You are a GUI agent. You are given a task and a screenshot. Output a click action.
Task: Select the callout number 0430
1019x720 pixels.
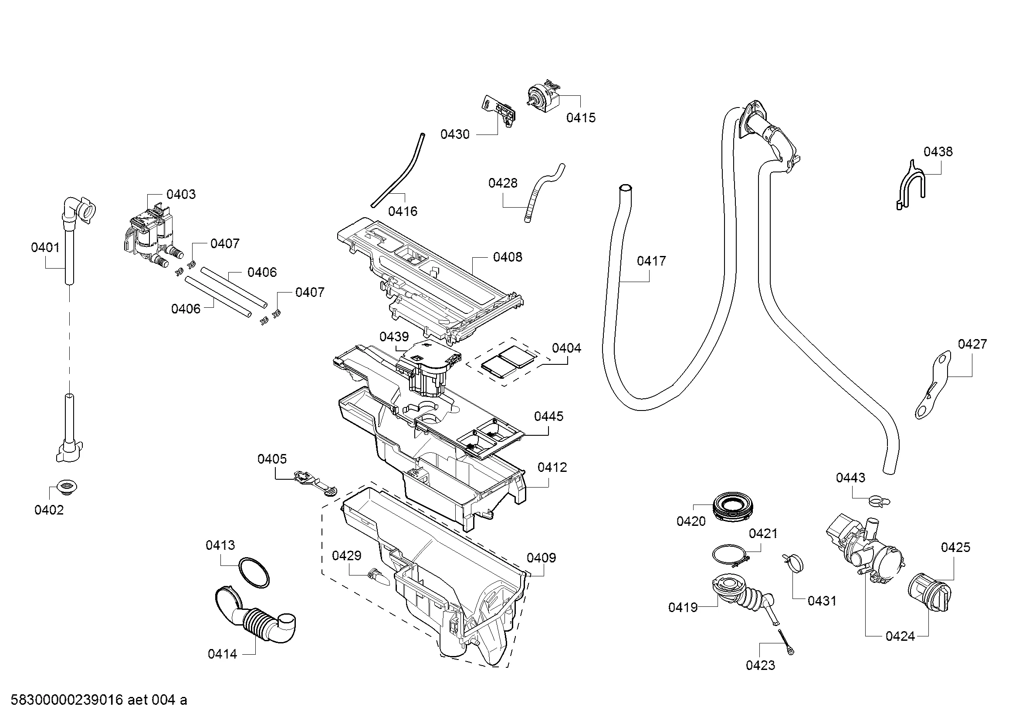pyautogui.click(x=454, y=134)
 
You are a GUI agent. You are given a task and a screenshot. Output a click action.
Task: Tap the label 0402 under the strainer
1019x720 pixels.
pyautogui.click(x=49, y=510)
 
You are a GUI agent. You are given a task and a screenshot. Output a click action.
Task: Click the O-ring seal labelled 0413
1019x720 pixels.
pyautogui.click(x=254, y=572)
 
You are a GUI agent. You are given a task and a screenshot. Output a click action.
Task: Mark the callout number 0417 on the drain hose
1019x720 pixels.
pyautogui.click(x=651, y=261)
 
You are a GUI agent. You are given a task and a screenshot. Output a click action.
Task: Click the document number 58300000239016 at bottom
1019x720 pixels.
pyautogui.click(x=67, y=700)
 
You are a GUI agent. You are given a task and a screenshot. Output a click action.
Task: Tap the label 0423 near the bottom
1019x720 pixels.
pyautogui.click(x=760, y=665)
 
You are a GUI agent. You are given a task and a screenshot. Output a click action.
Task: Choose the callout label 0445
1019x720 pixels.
pyautogui.click(x=548, y=416)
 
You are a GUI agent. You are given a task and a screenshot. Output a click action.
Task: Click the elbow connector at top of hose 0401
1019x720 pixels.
pyautogui.click(x=79, y=211)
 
